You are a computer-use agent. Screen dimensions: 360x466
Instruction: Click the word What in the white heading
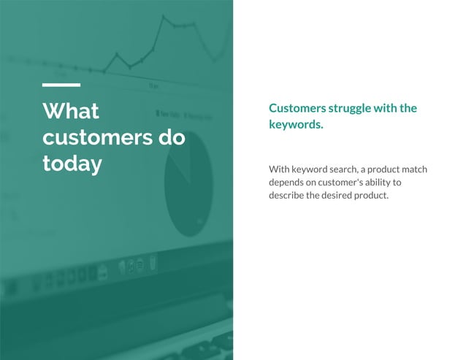point(71,112)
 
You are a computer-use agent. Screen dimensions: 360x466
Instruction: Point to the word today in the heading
point(72,164)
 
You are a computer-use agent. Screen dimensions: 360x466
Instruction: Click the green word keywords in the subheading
point(294,125)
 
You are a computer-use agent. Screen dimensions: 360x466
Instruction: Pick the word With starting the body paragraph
point(279,169)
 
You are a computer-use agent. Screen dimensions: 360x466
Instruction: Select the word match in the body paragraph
point(413,169)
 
